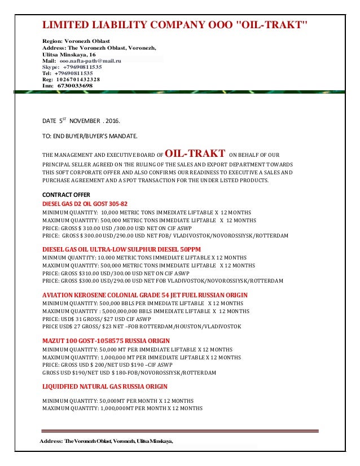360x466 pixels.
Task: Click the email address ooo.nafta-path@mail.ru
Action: [x=94, y=60]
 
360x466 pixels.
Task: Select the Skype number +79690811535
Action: [x=82, y=66]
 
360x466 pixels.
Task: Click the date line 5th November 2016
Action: [x=81, y=121]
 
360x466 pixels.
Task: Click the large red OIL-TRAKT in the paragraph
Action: [x=196, y=154]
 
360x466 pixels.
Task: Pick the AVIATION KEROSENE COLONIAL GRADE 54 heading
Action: [x=145, y=295]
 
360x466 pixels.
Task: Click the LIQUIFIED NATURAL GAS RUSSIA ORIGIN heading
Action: [x=105, y=386]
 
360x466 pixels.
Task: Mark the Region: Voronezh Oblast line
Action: [x=76, y=41]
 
